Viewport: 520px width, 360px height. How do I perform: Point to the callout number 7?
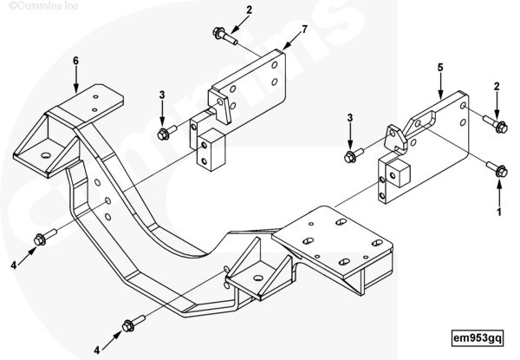(304, 30)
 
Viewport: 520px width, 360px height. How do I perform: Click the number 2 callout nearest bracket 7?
(225, 10)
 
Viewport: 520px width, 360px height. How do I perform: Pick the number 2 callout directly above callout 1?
(497, 87)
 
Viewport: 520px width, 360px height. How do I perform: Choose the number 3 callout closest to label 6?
(161, 95)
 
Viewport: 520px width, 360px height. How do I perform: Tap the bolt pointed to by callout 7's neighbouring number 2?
(223, 36)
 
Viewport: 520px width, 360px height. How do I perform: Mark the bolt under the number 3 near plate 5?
(351, 156)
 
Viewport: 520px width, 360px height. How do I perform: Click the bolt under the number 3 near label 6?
(164, 133)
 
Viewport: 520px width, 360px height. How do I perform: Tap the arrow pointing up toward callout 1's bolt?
(498, 193)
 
